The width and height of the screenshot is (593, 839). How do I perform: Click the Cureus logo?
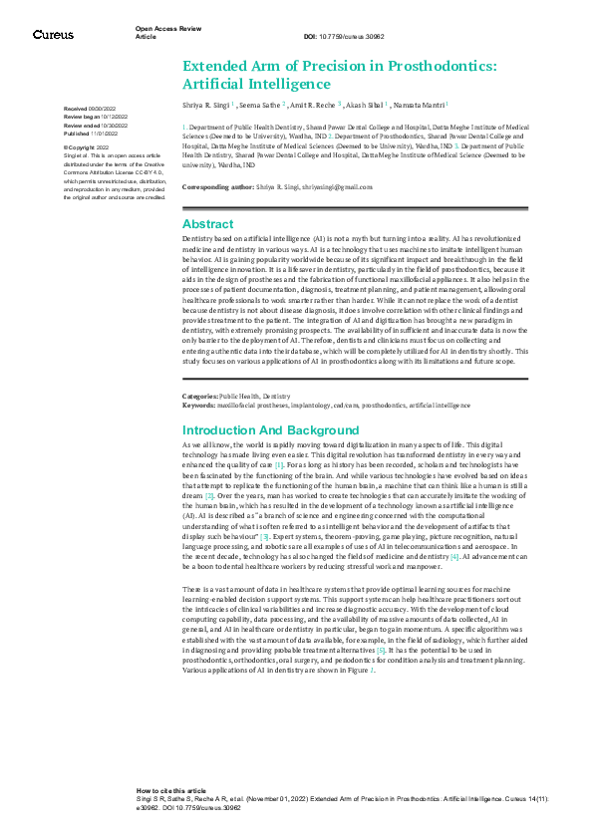pyautogui.click(x=53, y=35)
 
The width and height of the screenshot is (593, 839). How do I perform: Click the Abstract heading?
pyautogui.click(x=208, y=224)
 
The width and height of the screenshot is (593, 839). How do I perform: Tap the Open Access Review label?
pyautogui.click(x=164, y=29)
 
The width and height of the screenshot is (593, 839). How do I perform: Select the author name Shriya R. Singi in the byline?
pyautogui.click(x=207, y=104)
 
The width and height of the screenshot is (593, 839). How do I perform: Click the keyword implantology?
pyautogui.click(x=298, y=433)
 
